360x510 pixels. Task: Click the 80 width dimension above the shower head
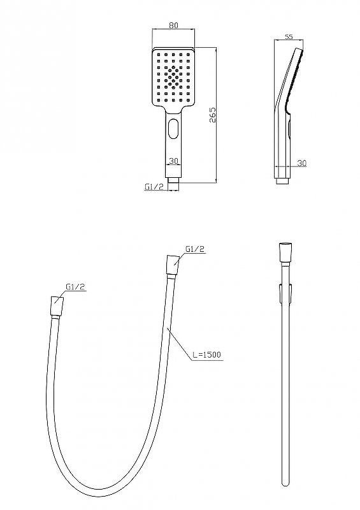(174, 25)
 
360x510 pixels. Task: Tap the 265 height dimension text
(212, 115)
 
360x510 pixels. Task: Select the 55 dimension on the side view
(289, 37)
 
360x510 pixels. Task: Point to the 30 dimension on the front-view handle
(174, 161)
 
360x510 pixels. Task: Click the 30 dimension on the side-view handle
(302, 163)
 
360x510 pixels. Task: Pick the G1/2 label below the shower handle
(154, 187)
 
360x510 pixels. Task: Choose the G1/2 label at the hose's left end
(75, 286)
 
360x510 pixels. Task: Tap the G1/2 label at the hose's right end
(195, 249)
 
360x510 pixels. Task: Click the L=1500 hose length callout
(206, 354)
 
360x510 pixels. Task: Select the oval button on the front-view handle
(174, 128)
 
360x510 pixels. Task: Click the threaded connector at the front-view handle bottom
(173, 184)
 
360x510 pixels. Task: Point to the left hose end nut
(57, 306)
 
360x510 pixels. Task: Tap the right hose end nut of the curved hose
(173, 266)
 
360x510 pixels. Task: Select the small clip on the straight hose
(285, 293)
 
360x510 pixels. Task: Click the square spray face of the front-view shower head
(173, 78)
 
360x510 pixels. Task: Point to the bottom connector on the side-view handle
(282, 181)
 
